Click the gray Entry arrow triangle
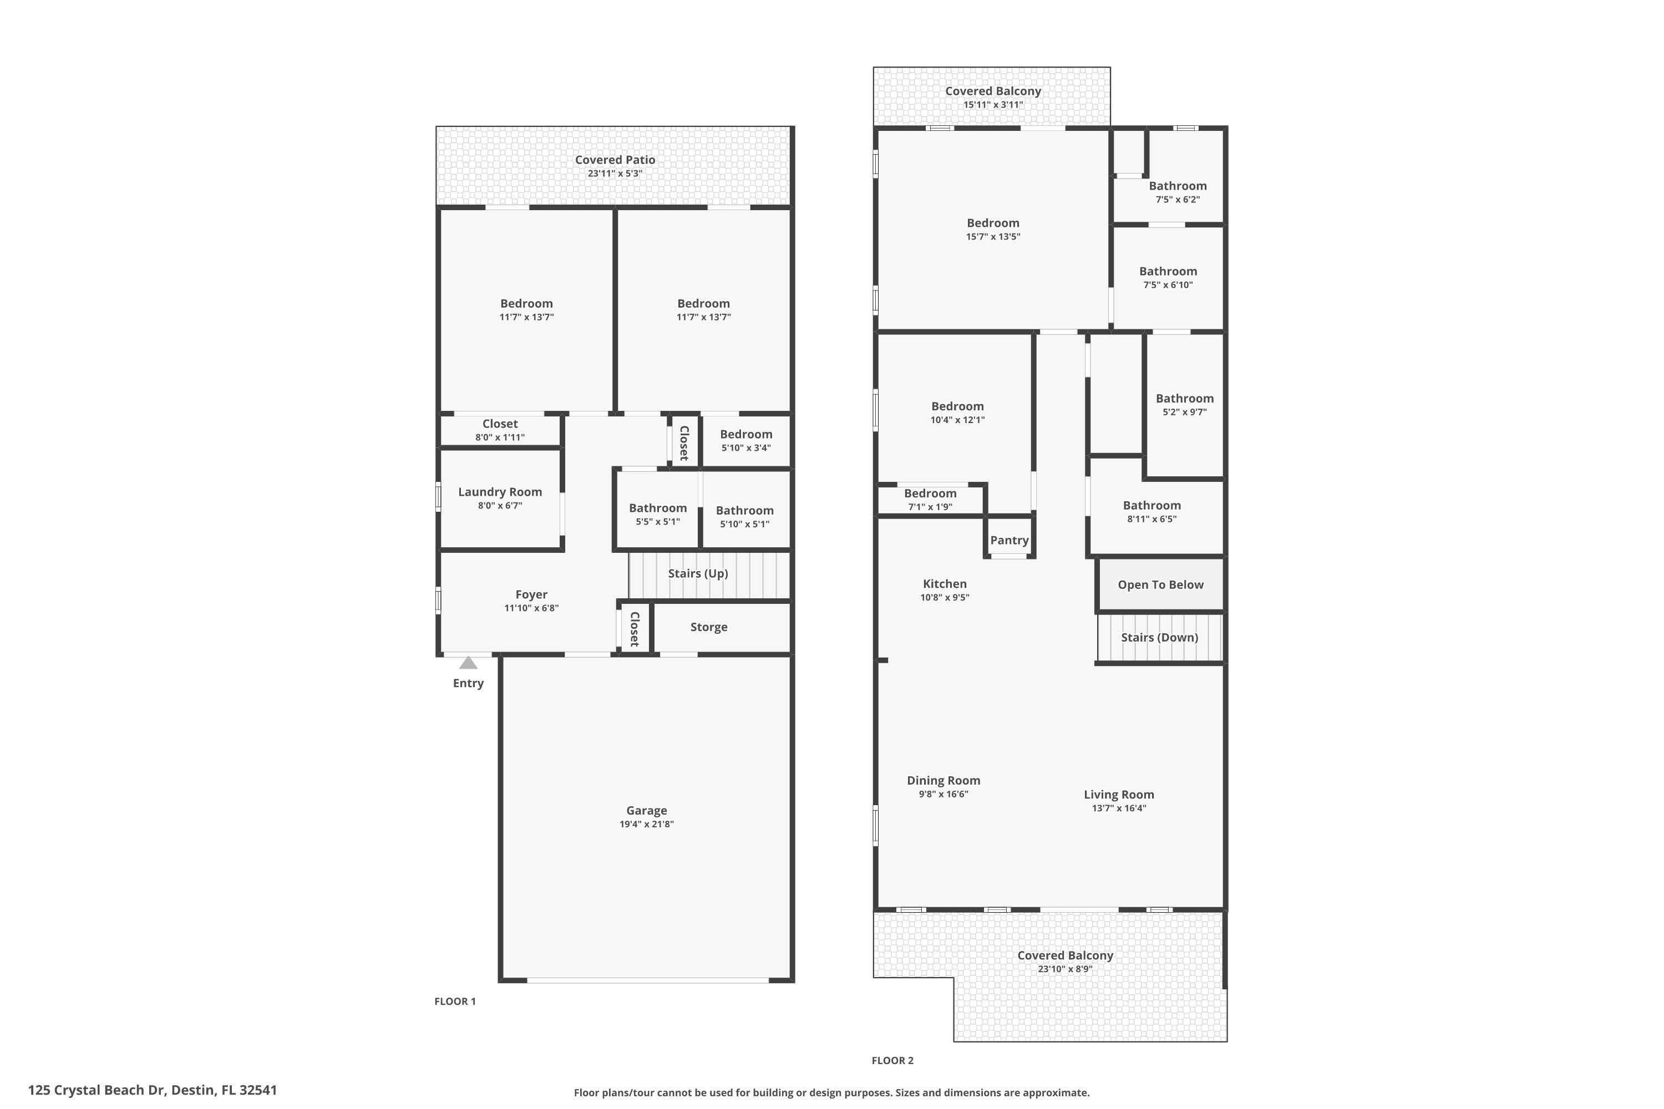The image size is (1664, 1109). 468,663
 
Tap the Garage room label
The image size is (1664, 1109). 646,811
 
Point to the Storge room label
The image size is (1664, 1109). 708,627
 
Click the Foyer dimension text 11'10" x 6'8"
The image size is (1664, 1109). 531,608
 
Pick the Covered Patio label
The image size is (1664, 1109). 614,160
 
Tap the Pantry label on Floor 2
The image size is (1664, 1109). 1009,540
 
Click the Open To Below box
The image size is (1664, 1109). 1160,585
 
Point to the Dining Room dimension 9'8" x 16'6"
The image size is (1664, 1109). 943,794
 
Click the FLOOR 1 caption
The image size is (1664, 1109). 455,1001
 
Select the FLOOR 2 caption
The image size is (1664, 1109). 892,1061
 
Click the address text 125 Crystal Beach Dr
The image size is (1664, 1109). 152,1090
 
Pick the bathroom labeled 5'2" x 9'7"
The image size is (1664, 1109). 1184,405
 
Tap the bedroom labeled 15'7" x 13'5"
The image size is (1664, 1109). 993,229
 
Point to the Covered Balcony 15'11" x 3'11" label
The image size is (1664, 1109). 993,97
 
